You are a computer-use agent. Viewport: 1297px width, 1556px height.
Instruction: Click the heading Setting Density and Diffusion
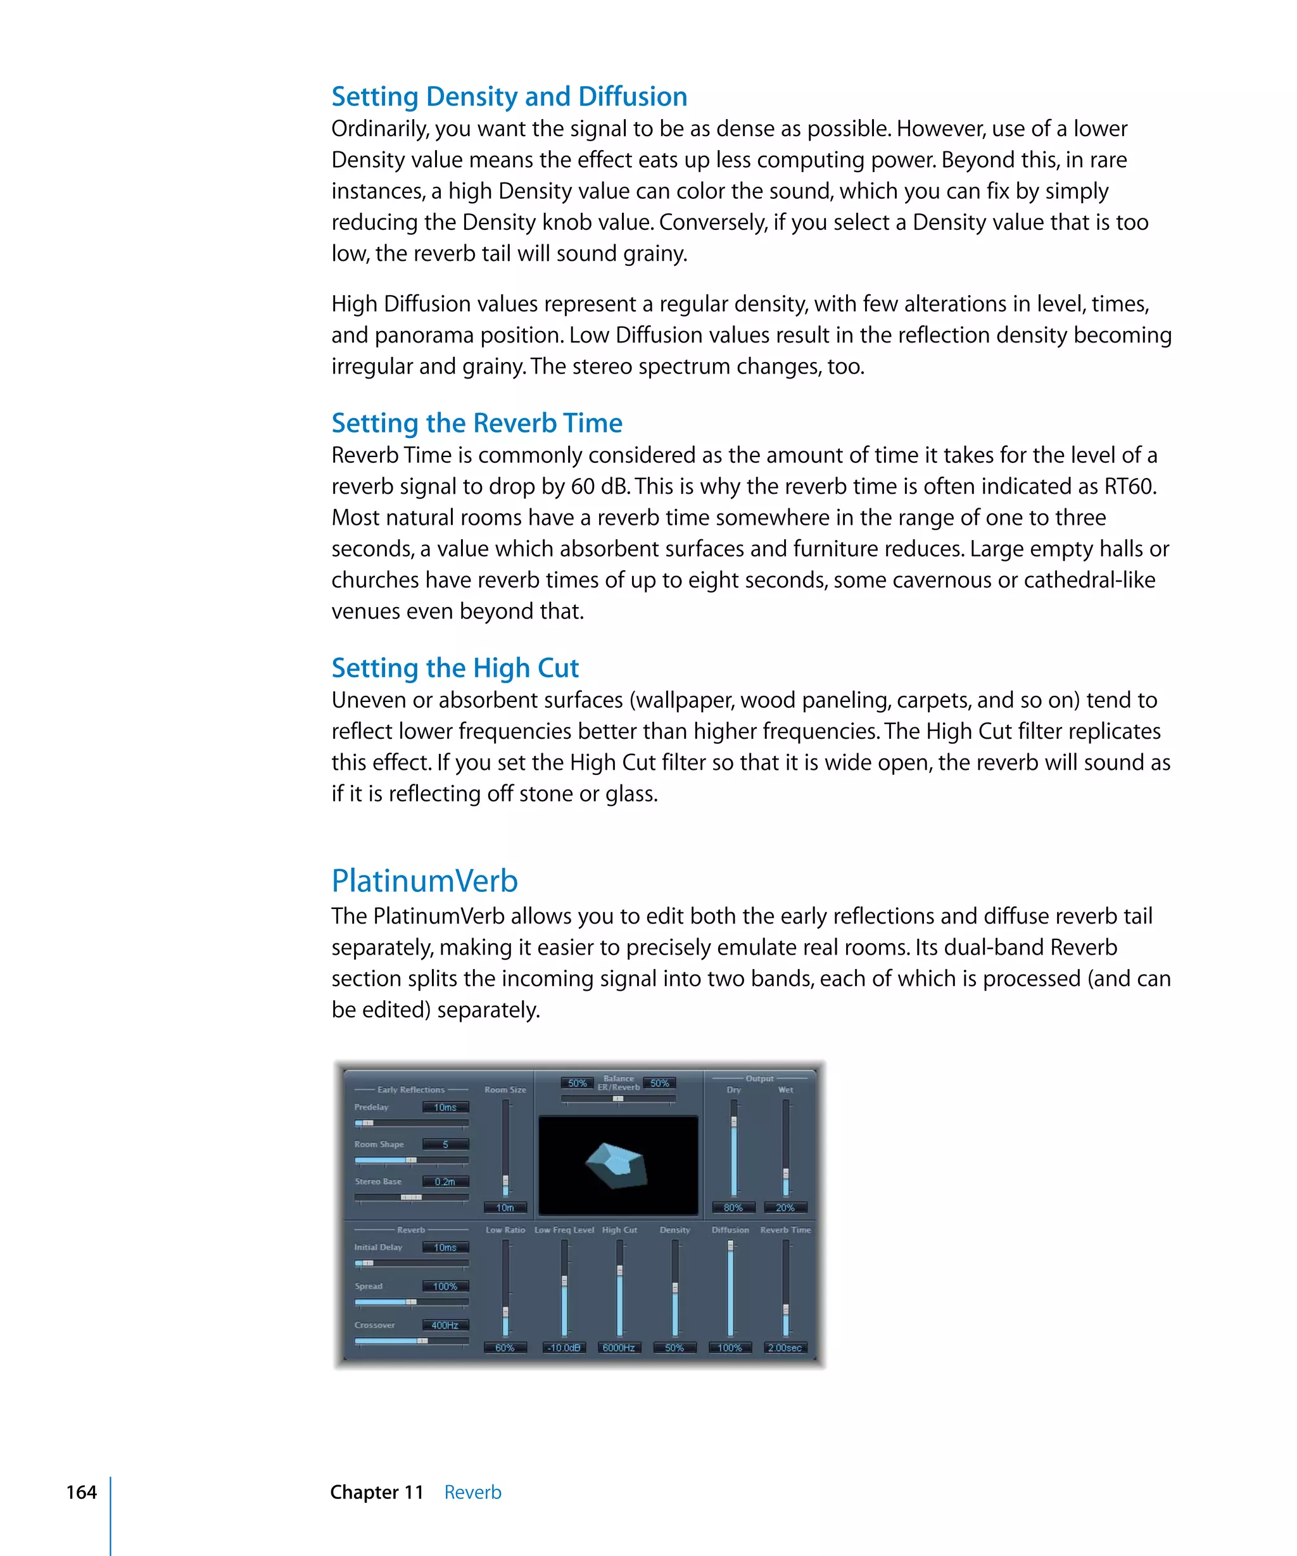tap(509, 96)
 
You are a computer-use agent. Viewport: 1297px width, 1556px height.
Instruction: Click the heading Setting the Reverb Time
tap(476, 422)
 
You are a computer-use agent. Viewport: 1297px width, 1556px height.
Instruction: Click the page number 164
tap(81, 1491)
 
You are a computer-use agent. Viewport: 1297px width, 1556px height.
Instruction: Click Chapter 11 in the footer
tap(377, 1491)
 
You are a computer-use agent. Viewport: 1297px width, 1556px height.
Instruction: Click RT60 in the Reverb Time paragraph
tap(1129, 486)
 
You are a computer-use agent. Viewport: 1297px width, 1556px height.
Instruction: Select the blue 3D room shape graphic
tap(617, 1165)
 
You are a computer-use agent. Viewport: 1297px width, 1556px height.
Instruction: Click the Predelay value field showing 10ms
tap(445, 1107)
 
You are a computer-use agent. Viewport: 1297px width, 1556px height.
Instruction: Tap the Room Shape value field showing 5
tap(445, 1144)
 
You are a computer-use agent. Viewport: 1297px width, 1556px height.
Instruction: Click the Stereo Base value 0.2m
tap(445, 1182)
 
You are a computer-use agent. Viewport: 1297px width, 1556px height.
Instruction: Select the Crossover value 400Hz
tap(445, 1325)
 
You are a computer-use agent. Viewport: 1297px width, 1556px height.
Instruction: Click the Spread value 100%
tap(445, 1286)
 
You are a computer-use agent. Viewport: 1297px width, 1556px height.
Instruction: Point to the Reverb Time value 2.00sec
tap(784, 1348)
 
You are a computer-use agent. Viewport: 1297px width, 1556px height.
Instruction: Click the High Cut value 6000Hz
tap(618, 1348)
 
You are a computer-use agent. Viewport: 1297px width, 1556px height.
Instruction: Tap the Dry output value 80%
tap(732, 1208)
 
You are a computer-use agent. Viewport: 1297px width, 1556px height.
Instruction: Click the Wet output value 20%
tap(784, 1208)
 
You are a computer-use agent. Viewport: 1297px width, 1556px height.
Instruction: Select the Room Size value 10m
tap(505, 1208)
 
